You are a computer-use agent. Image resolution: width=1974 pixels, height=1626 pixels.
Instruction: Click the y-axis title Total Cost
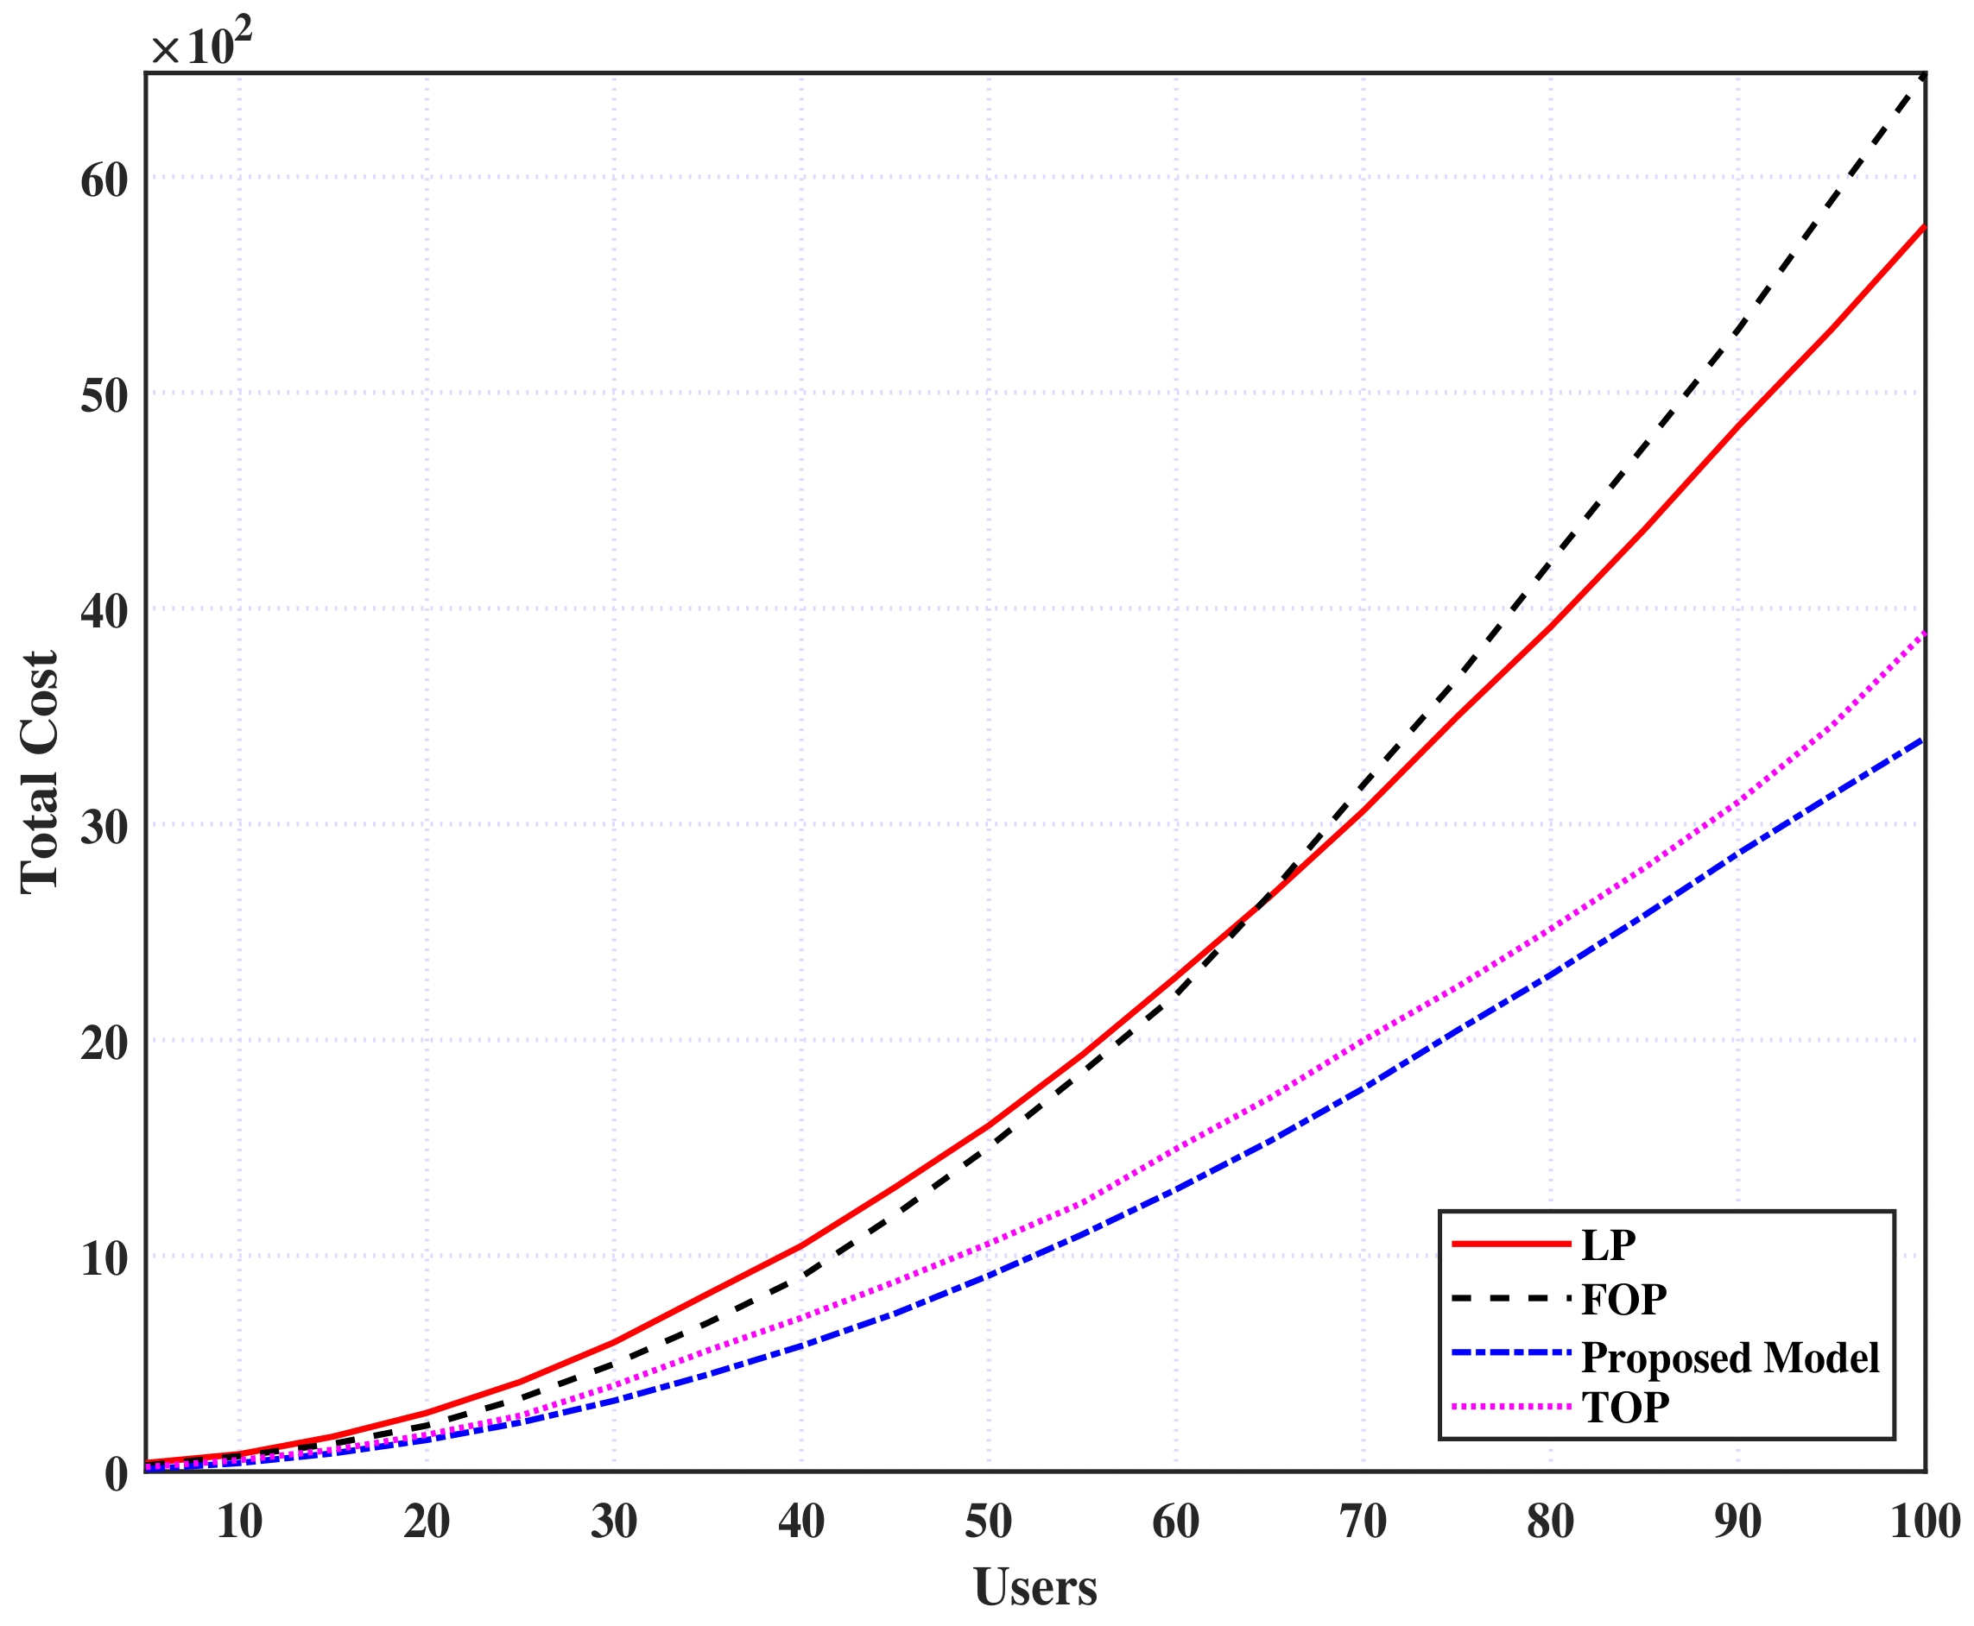click(x=41, y=772)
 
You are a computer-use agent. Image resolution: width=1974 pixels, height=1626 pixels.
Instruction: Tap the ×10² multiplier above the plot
click(x=201, y=45)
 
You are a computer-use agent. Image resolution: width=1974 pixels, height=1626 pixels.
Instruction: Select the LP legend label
click(x=1608, y=1245)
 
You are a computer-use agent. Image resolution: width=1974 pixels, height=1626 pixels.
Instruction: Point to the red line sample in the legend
click(x=1510, y=1244)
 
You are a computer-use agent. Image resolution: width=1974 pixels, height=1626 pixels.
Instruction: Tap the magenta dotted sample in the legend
click(x=1510, y=1406)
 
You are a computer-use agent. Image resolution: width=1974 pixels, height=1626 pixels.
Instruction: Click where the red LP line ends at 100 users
click(x=1923, y=227)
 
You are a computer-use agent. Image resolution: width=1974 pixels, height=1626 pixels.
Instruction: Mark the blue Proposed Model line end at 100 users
click(x=1923, y=739)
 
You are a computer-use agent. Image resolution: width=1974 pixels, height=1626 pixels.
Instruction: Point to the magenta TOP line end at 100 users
click(x=1923, y=634)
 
